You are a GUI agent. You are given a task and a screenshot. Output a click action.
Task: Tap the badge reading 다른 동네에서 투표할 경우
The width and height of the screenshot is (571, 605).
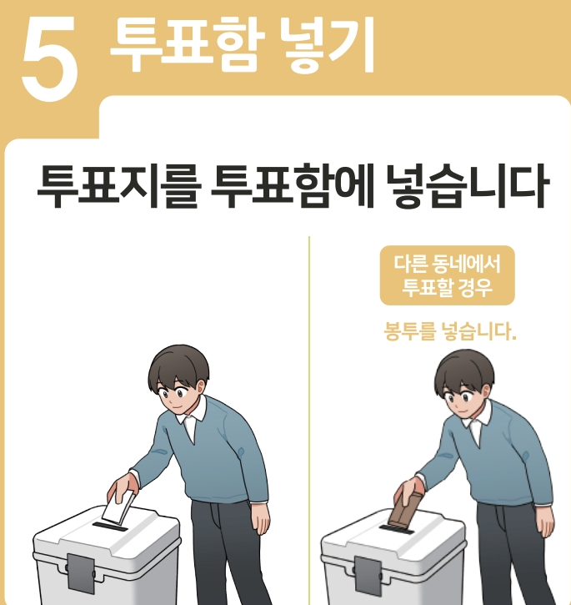click(x=448, y=275)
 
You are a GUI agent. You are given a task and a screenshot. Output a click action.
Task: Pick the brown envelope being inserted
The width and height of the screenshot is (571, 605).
click(x=406, y=510)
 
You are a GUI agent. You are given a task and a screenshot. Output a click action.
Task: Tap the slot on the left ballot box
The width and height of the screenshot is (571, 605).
click(x=110, y=527)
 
